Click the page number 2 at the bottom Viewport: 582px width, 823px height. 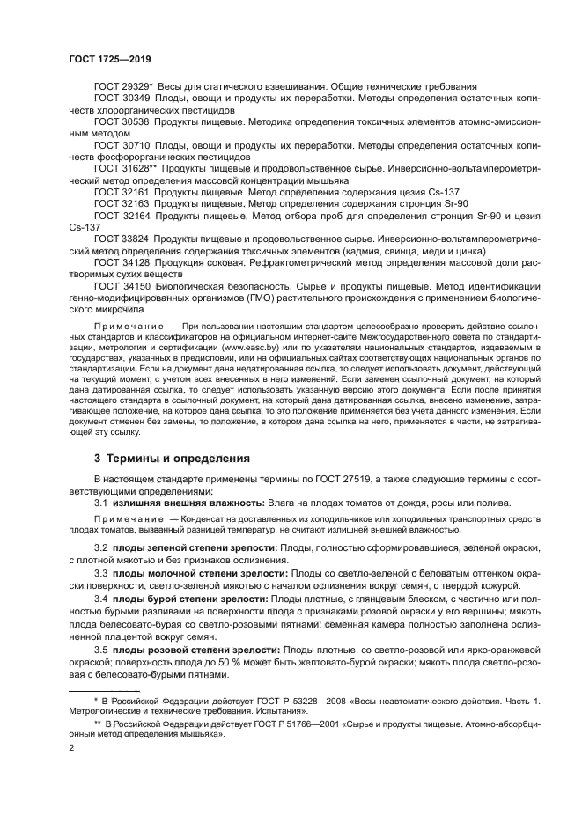point(71,748)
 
